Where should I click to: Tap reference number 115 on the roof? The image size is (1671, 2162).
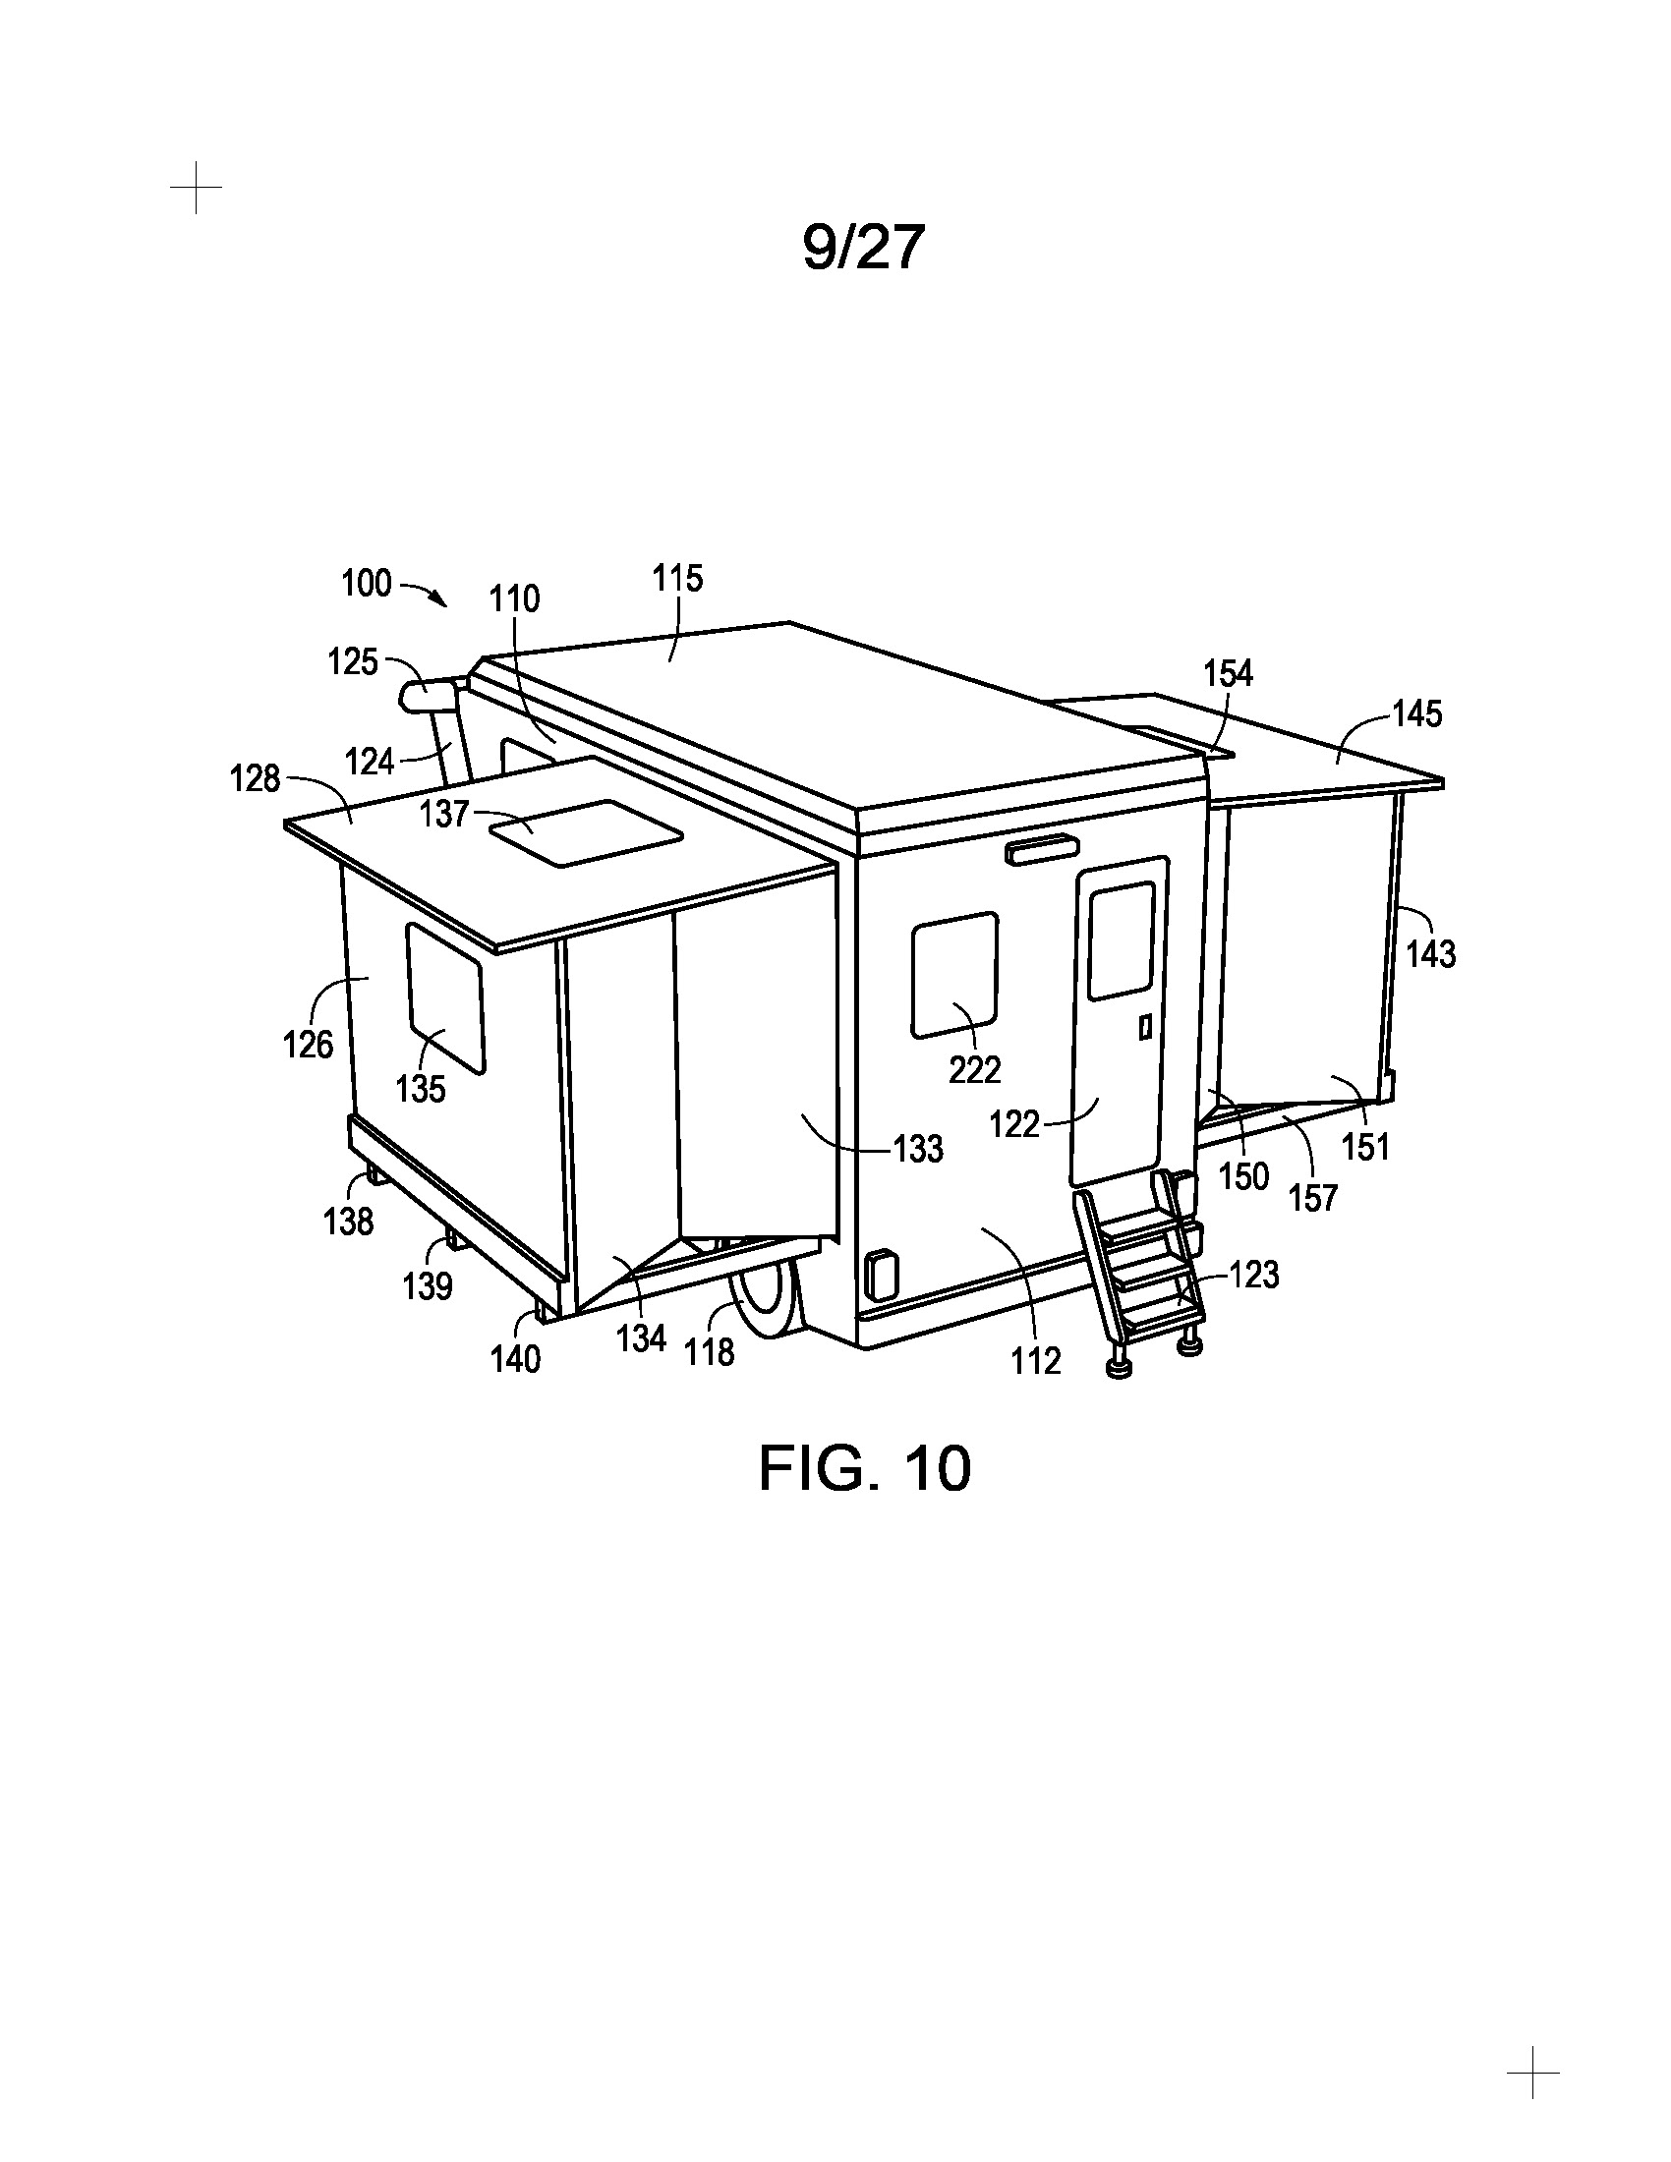[677, 578]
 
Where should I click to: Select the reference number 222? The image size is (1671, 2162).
[975, 1069]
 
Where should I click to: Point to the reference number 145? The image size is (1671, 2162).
[1417, 713]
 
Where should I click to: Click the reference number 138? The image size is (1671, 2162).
[349, 1222]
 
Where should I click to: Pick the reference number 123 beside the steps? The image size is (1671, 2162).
[1254, 1275]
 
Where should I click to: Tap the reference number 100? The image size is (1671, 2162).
[367, 583]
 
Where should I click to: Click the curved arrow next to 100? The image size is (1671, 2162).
[425, 591]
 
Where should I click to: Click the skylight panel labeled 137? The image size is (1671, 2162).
[586, 833]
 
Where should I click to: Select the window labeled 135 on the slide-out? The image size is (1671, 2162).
[445, 998]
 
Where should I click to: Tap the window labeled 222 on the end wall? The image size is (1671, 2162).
[955, 975]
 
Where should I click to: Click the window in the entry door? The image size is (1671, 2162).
[1122, 940]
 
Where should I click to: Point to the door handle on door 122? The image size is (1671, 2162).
[1144, 1028]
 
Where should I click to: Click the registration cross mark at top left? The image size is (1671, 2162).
[196, 187]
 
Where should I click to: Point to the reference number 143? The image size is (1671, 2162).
[1430, 954]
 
